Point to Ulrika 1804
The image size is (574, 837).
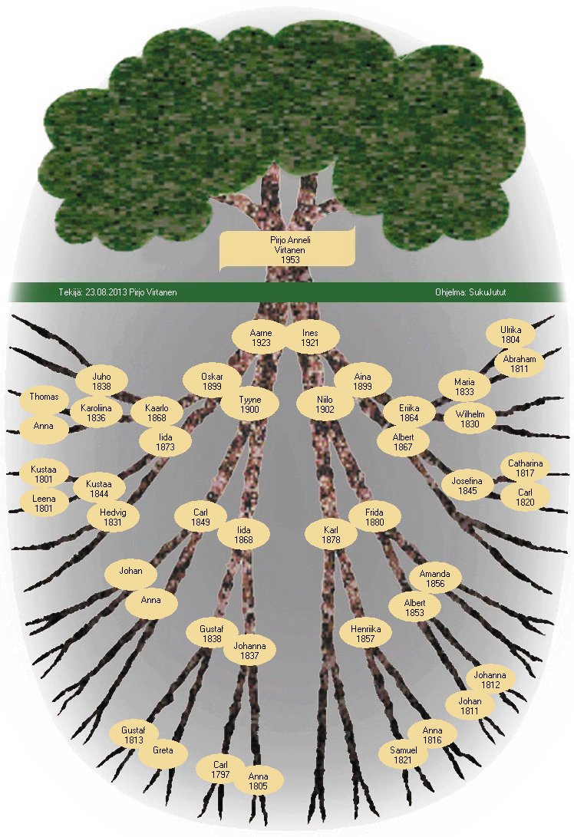pyautogui.click(x=511, y=334)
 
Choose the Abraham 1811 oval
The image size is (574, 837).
pyautogui.click(x=520, y=364)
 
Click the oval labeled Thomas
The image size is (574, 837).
pyautogui.click(x=44, y=397)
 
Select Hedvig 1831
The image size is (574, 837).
pyautogui.click(x=113, y=516)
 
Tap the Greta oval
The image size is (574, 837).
pyautogui.click(x=163, y=750)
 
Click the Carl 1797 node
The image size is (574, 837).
pyautogui.click(x=221, y=769)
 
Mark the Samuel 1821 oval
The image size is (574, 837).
pyautogui.click(x=404, y=755)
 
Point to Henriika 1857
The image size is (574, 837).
pyautogui.click(x=366, y=634)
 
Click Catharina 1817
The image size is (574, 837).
pyautogui.click(x=526, y=468)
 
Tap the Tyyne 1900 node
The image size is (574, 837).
pyautogui.click(x=250, y=404)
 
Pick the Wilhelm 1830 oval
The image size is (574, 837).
pyautogui.click(x=470, y=419)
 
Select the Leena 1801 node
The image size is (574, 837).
pyautogui.click(x=44, y=503)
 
